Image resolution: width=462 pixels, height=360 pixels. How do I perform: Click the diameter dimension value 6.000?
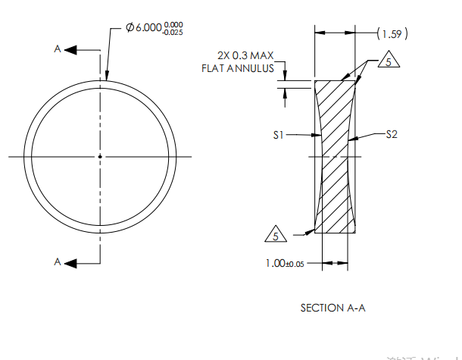tap(148, 27)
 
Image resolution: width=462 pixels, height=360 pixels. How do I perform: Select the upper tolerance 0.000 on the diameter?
tap(174, 23)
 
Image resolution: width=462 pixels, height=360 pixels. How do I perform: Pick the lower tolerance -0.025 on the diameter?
tap(173, 32)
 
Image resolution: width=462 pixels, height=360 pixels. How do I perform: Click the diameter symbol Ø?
tap(130, 27)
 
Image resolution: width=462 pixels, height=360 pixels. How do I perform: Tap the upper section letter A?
tap(57, 49)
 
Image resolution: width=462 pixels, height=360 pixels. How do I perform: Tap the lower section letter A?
tap(57, 261)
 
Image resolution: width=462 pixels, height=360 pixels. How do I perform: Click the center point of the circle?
tap(100, 156)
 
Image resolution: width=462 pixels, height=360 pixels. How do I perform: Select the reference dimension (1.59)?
tap(392, 33)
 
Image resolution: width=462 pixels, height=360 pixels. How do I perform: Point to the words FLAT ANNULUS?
tap(237, 68)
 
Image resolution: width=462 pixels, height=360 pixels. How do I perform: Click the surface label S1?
tap(279, 135)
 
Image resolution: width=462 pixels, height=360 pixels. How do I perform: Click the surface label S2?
tap(392, 134)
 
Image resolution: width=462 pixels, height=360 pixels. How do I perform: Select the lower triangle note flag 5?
tap(275, 235)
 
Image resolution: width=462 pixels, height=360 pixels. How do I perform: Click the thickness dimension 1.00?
tap(274, 263)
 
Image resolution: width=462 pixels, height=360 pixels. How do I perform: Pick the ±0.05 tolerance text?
tap(294, 264)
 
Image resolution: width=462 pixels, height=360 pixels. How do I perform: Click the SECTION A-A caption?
tap(333, 308)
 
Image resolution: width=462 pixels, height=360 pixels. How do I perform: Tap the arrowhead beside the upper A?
tap(70, 49)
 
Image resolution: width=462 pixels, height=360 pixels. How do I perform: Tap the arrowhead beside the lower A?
tap(70, 261)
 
